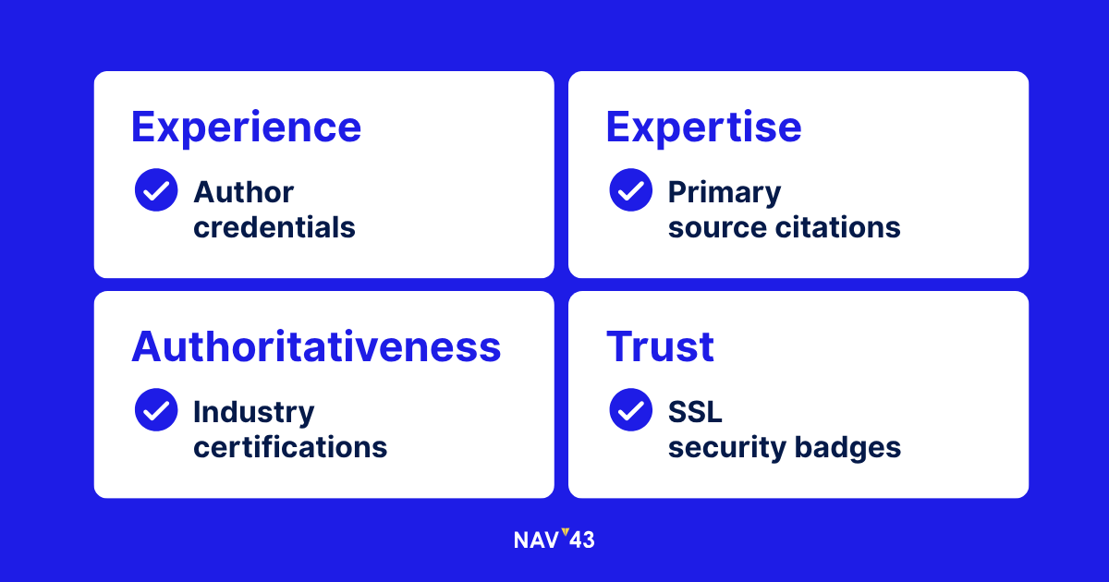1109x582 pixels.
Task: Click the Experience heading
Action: (246, 127)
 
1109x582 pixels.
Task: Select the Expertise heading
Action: (703, 127)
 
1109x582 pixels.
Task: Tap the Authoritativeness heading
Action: (316, 347)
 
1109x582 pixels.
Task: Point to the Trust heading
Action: (660, 347)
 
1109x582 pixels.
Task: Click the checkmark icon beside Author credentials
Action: (156, 190)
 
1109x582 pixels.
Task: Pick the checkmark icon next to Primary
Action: (630, 190)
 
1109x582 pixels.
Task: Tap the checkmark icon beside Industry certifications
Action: (156, 410)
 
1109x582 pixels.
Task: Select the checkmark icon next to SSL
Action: (630, 410)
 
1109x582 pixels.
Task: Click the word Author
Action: (244, 192)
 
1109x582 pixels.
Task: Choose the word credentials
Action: (274, 227)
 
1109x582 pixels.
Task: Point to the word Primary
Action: (725, 193)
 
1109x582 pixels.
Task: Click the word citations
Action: (837, 227)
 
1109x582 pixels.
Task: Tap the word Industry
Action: (254, 413)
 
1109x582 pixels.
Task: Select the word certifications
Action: (290, 447)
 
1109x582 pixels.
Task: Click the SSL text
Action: (695, 412)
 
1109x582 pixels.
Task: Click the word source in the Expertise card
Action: (717, 229)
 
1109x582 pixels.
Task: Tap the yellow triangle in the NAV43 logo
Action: (566, 532)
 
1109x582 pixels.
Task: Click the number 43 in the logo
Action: (581, 540)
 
